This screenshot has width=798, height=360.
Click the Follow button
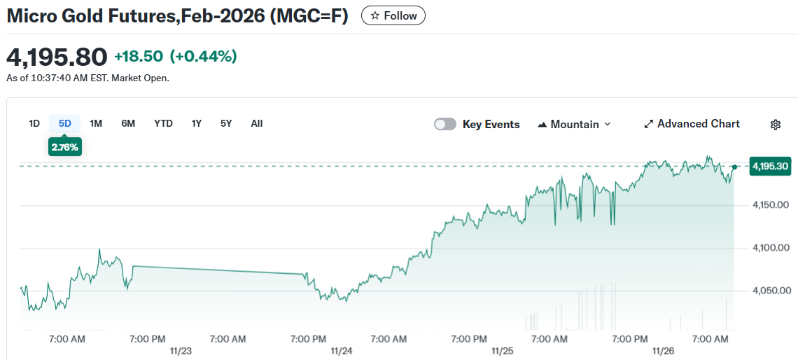pyautogui.click(x=393, y=15)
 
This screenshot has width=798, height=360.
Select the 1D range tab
pyautogui.click(x=34, y=123)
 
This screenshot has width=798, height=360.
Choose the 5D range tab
pyautogui.click(x=65, y=123)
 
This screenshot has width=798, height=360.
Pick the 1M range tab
pyautogui.click(x=96, y=123)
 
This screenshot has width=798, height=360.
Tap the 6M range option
pyautogui.click(x=128, y=123)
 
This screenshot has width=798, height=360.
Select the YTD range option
pyautogui.click(x=163, y=123)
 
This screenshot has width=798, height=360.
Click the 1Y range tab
pyautogui.click(x=197, y=123)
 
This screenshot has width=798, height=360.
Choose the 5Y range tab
pyautogui.click(x=226, y=123)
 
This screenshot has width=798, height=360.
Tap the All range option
pyautogui.click(x=257, y=123)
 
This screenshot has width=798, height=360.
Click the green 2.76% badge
pyautogui.click(x=65, y=147)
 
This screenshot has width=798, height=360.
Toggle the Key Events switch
pyautogui.click(x=445, y=124)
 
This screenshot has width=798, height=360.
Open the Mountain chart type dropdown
pyautogui.click(x=574, y=124)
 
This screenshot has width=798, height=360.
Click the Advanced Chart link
pyautogui.click(x=692, y=124)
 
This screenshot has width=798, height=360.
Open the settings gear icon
pyautogui.click(x=775, y=125)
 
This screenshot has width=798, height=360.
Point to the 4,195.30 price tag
pyautogui.click(x=770, y=166)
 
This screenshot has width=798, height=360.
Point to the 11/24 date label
pyautogui.click(x=341, y=350)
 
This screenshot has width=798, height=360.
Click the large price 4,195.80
pyautogui.click(x=57, y=57)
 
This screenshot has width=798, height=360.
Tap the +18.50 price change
pyautogui.click(x=139, y=57)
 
